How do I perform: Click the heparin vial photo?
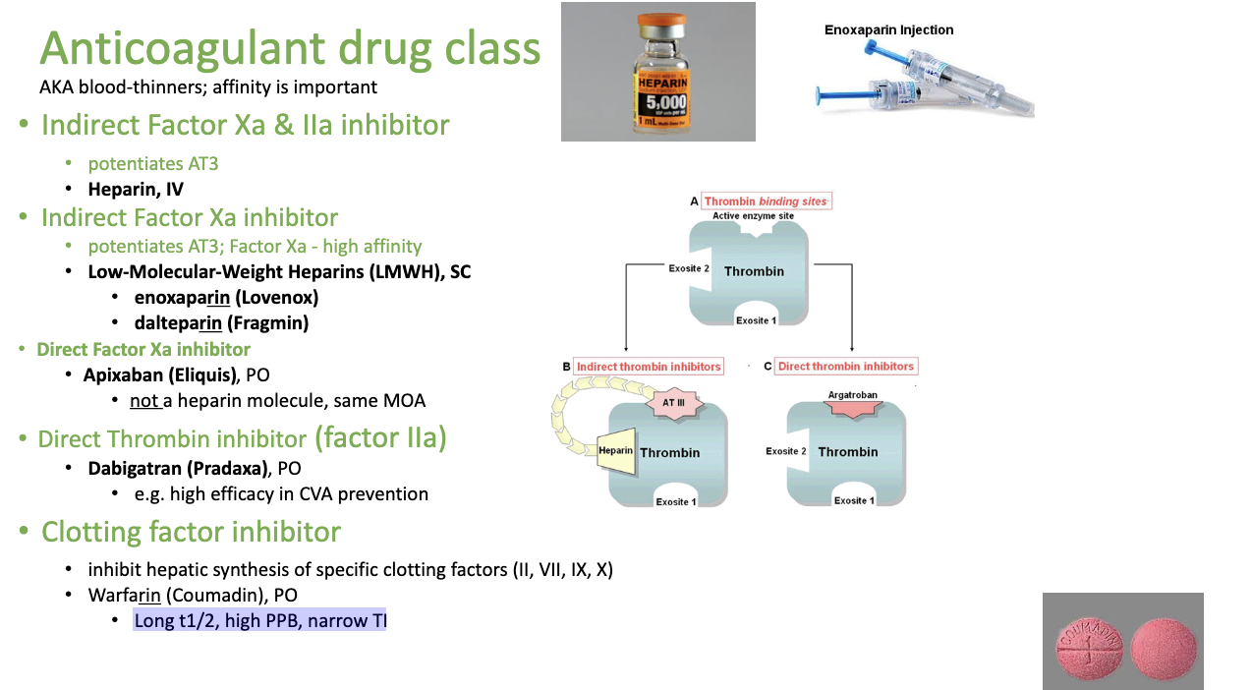click(x=658, y=72)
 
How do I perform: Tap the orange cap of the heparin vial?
click(x=658, y=22)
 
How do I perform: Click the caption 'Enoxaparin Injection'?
click(x=888, y=30)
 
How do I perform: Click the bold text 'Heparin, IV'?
click(x=136, y=190)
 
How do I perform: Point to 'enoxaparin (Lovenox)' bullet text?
click(x=226, y=297)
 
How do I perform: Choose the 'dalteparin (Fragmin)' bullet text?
click(x=221, y=322)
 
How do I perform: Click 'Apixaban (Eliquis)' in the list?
click(x=161, y=374)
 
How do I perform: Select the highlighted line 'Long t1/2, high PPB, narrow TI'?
click(x=260, y=621)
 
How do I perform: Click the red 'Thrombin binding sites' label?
click(x=766, y=201)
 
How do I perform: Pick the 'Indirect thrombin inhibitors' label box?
click(x=649, y=367)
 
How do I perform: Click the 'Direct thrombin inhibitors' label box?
click(x=845, y=367)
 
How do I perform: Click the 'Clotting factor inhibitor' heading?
click(x=191, y=532)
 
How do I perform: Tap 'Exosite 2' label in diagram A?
click(x=688, y=268)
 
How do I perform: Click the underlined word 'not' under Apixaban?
click(x=143, y=401)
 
